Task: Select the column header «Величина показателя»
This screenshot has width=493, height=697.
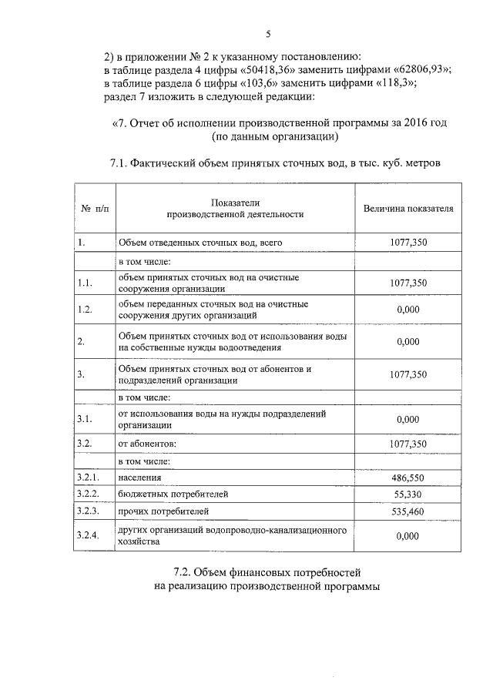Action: click(408, 209)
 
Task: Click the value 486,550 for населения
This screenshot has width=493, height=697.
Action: click(408, 478)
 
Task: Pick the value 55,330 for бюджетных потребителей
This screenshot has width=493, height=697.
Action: click(408, 494)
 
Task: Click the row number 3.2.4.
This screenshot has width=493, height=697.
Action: click(89, 536)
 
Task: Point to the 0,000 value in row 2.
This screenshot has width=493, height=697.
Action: click(407, 342)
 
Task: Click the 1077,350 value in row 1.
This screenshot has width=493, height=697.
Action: click(408, 243)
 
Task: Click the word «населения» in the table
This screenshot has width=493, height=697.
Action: click(140, 478)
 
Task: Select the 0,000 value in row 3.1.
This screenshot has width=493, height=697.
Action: click(407, 420)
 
